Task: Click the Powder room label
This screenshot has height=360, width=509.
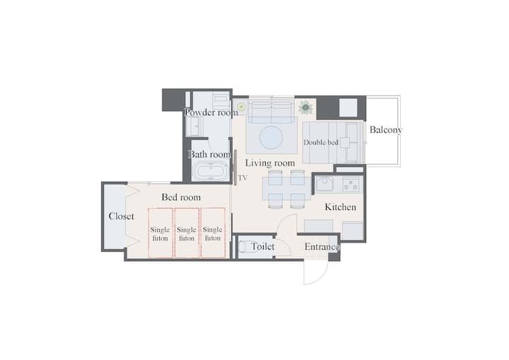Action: tap(211, 112)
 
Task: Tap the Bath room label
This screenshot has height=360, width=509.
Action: tap(210, 154)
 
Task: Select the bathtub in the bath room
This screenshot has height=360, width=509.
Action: tap(209, 171)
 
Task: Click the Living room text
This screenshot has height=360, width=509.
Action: tap(270, 163)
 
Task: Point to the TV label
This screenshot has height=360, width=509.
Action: tap(242, 178)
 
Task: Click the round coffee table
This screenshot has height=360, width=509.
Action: tap(271, 138)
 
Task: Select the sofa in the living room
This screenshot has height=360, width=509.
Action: tap(271, 112)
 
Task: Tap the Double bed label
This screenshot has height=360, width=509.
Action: tap(321, 142)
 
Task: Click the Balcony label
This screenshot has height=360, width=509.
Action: tap(386, 129)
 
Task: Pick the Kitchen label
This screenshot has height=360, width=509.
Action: tap(341, 207)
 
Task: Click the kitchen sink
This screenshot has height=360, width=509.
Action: tap(324, 184)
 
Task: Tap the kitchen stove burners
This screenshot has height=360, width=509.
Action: tap(351, 184)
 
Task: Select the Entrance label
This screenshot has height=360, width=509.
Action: tap(322, 247)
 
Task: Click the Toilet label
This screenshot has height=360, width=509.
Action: tap(263, 247)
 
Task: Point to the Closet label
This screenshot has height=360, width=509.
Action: tap(122, 216)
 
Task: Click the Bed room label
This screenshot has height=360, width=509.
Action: tap(181, 197)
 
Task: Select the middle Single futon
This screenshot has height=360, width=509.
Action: tap(187, 233)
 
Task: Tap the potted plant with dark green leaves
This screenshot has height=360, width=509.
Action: tap(305, 108)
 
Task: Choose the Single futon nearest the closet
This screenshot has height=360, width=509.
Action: tap(160, 233)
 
